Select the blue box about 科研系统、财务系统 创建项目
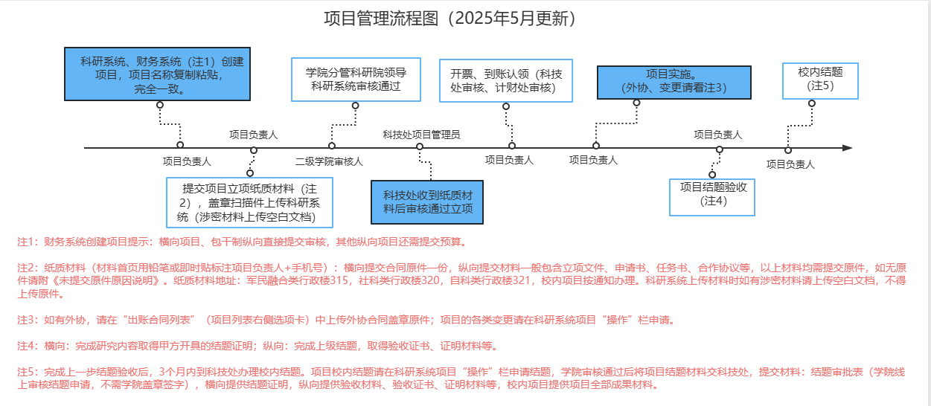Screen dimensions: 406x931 coord(159,74)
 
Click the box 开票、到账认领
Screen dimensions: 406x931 coord(506,80)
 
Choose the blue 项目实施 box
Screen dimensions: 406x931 coord(674,82)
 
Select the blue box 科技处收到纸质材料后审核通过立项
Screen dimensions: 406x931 coord(427,202)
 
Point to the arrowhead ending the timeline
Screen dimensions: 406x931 coord(847,148)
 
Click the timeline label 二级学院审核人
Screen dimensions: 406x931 coord(329,161)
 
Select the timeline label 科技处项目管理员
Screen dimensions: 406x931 coord(421,135)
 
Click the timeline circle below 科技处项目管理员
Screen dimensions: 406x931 coord(420,147)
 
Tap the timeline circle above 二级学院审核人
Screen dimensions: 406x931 coord(332,146)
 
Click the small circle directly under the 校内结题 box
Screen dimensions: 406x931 coord(811,104)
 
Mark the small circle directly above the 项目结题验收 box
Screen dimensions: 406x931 coord(712,175)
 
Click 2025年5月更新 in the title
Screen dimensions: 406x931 coord(514,19)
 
